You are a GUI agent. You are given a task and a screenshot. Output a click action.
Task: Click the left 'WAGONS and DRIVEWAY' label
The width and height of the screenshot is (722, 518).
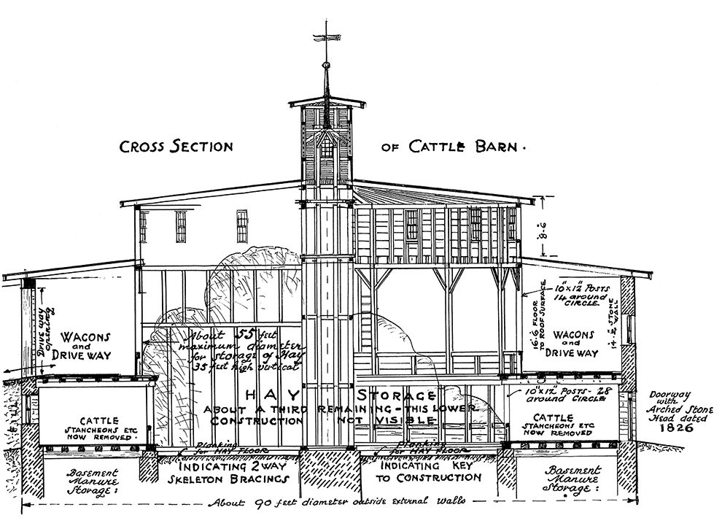pyautogui.click(x=85, y=348)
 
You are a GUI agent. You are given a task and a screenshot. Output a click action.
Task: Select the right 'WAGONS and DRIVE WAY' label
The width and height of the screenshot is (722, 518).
pyautogui.click(x=572, y=343)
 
